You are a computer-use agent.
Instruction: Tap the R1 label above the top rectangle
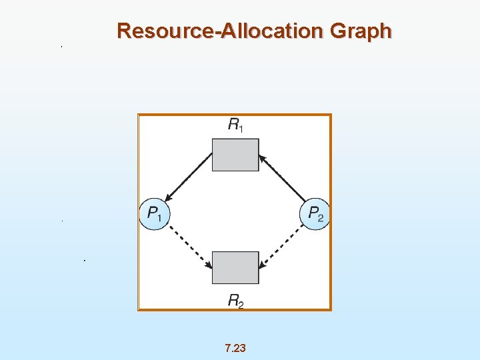pos(235,125)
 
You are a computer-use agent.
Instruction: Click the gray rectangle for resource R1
pos(235,154)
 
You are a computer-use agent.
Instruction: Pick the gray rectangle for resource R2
pos(235,267)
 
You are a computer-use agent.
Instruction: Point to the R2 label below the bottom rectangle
pos(235,301)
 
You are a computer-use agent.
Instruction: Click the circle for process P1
pos(155,214)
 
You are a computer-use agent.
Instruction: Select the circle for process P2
pos(315,214)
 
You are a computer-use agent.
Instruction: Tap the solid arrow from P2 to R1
pos(283,178)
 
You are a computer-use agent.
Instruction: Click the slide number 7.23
pos(235,348)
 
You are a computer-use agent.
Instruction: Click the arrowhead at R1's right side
pos(262,158)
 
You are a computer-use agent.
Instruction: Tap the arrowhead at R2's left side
pos(209,265)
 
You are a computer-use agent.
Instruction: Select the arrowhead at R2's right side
pos(263,265)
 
